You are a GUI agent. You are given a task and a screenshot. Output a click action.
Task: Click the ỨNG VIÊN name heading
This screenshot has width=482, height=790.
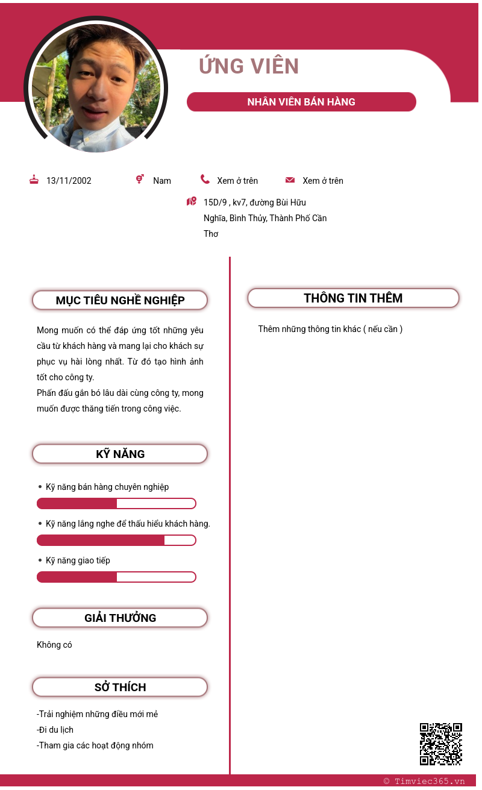point(249,66)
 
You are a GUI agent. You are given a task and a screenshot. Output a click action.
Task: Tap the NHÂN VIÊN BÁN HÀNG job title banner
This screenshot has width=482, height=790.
point(301,102)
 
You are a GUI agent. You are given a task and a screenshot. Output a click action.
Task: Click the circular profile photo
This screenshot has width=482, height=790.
point(96,88)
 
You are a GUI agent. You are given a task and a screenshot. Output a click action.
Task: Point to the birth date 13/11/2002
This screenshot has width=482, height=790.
point(69,181)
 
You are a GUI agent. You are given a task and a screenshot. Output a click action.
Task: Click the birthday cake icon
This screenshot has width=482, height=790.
point(34,180)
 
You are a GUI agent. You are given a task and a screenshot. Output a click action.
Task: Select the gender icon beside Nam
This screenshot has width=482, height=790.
point(140,179)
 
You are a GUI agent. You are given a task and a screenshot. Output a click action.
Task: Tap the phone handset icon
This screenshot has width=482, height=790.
point(205,179)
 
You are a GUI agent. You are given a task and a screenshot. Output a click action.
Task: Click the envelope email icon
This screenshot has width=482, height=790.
point(290,180)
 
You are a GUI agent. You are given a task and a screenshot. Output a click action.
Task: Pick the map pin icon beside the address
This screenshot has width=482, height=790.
point(192,201)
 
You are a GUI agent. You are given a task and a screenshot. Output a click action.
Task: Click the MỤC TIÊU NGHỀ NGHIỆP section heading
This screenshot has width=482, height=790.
point(120,300)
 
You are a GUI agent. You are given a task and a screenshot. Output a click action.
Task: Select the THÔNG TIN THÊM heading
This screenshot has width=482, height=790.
point(353,298)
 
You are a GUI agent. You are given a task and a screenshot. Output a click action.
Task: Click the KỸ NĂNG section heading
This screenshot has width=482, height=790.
point(120,454)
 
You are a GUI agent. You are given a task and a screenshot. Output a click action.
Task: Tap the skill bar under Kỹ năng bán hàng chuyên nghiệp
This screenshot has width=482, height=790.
point(116,504)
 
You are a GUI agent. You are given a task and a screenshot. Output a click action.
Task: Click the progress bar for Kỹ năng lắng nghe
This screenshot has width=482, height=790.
point(116,541)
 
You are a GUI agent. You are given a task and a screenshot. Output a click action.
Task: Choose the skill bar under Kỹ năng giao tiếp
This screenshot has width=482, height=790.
point(116,577)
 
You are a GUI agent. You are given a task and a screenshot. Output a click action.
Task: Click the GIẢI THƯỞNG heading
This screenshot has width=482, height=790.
point(120,618)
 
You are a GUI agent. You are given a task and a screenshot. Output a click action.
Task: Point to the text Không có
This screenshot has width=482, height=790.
point(54,645)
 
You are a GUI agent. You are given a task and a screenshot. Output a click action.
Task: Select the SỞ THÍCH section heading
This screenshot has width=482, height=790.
point(120,687)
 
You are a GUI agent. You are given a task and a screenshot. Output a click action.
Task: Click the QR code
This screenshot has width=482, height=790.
point(440,744)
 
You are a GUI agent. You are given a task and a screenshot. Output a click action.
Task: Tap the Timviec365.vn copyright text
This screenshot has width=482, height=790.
point(424,781)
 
